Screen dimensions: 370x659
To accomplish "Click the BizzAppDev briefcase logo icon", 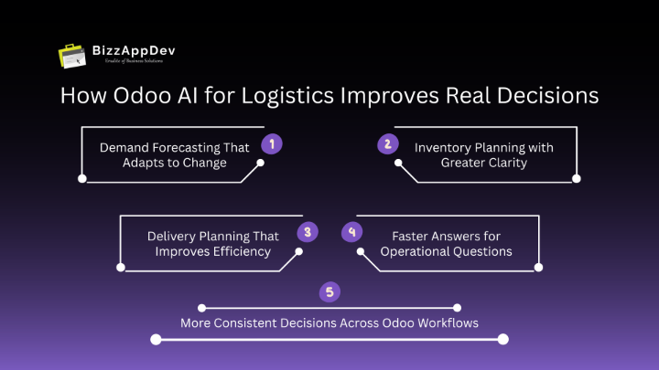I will coord(73,56).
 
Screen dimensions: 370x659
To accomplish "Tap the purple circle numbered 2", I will coord(387,143).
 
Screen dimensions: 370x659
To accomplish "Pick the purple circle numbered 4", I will coord(351,232).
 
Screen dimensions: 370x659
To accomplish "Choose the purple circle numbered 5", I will coord(329,291).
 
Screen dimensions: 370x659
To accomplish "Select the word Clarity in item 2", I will coord(508,163).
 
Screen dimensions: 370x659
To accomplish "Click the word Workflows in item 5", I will coord(448,322).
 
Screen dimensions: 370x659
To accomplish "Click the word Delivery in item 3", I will coord(171,236).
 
